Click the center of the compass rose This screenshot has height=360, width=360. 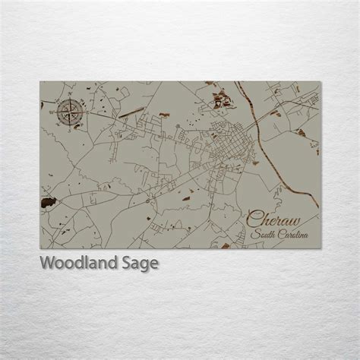[66, 113]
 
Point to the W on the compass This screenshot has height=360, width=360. [52, 113]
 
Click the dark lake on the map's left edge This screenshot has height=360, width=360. [48, 202]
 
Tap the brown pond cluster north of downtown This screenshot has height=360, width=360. [223, 96]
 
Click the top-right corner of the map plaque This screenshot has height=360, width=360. [319, 81]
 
